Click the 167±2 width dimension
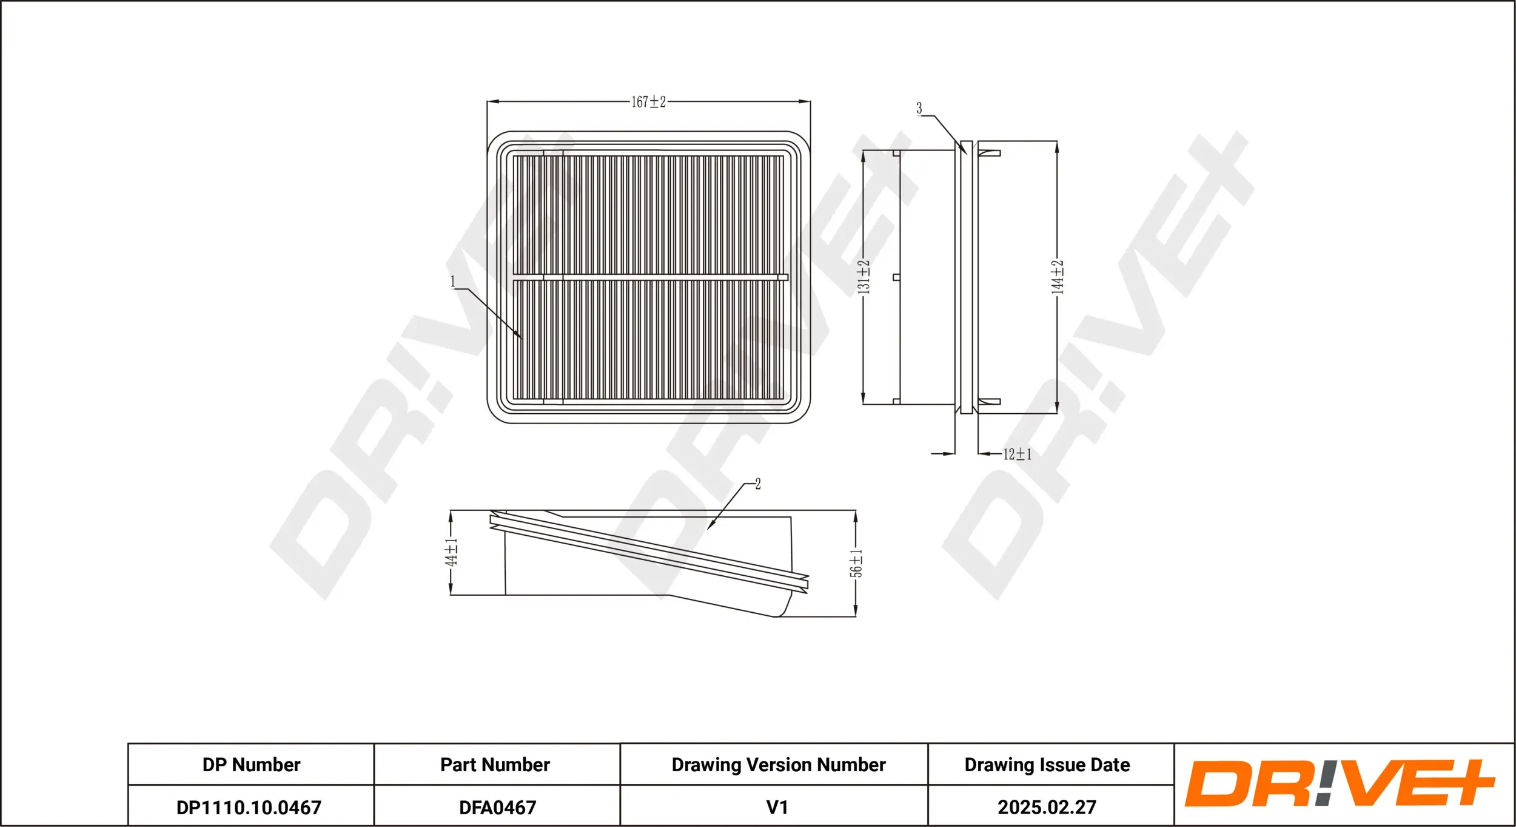click(x=648, y=102)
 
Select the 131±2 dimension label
click(x=864, y=277)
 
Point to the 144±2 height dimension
click(x=1058, y=277)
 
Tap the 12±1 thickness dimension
click(x=1017, y=454)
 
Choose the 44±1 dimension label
click(x=451, y=552)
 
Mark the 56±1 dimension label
click(x=856, y=564)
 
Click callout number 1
click(x=452, y=282)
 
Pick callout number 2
click(x=758, y=484)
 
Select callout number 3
click(x=919, y=108)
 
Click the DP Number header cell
click(x=251, y=765)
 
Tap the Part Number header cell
click(x=495, y=765)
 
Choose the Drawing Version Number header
click(x=779, y=765)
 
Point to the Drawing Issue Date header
click(x=1047, y=765)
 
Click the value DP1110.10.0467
click(x=249, y=808)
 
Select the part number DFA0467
click(x=497, y=808)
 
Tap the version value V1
click(x=777, y=808)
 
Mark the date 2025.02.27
click(x=1047, y=808)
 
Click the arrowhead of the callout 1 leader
click(x=521, y=337)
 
